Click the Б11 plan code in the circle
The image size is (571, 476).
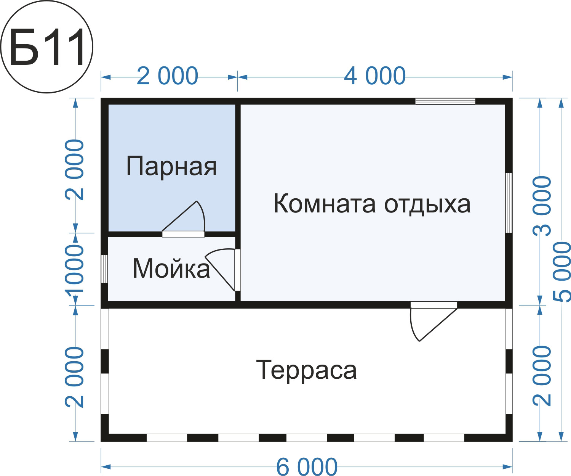(47, 47)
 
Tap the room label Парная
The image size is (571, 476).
(171, 167)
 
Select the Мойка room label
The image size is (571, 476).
(171, 269)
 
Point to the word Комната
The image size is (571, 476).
(325, 204)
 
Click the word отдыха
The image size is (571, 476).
(427, 205)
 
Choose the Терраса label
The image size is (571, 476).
(307, 371)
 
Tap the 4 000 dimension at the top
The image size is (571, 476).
(375, 76)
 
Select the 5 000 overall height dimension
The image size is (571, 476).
(562, 272)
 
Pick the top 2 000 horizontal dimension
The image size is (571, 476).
(167, 76)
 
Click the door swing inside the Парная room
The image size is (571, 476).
(184, 219)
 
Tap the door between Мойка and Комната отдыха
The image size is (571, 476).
(223, 270)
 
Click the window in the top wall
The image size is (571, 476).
(445, 101)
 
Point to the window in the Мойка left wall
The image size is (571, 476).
(104, 269)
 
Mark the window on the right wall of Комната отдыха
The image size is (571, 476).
(509, 203)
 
